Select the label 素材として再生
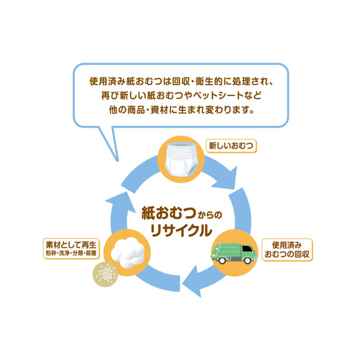[x=71, y=245]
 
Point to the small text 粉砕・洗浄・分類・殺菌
[x=71, y=254]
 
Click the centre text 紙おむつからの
[x=179, y=212]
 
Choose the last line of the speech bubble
[x=180, y=111]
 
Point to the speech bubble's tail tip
[x=117, y=161]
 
